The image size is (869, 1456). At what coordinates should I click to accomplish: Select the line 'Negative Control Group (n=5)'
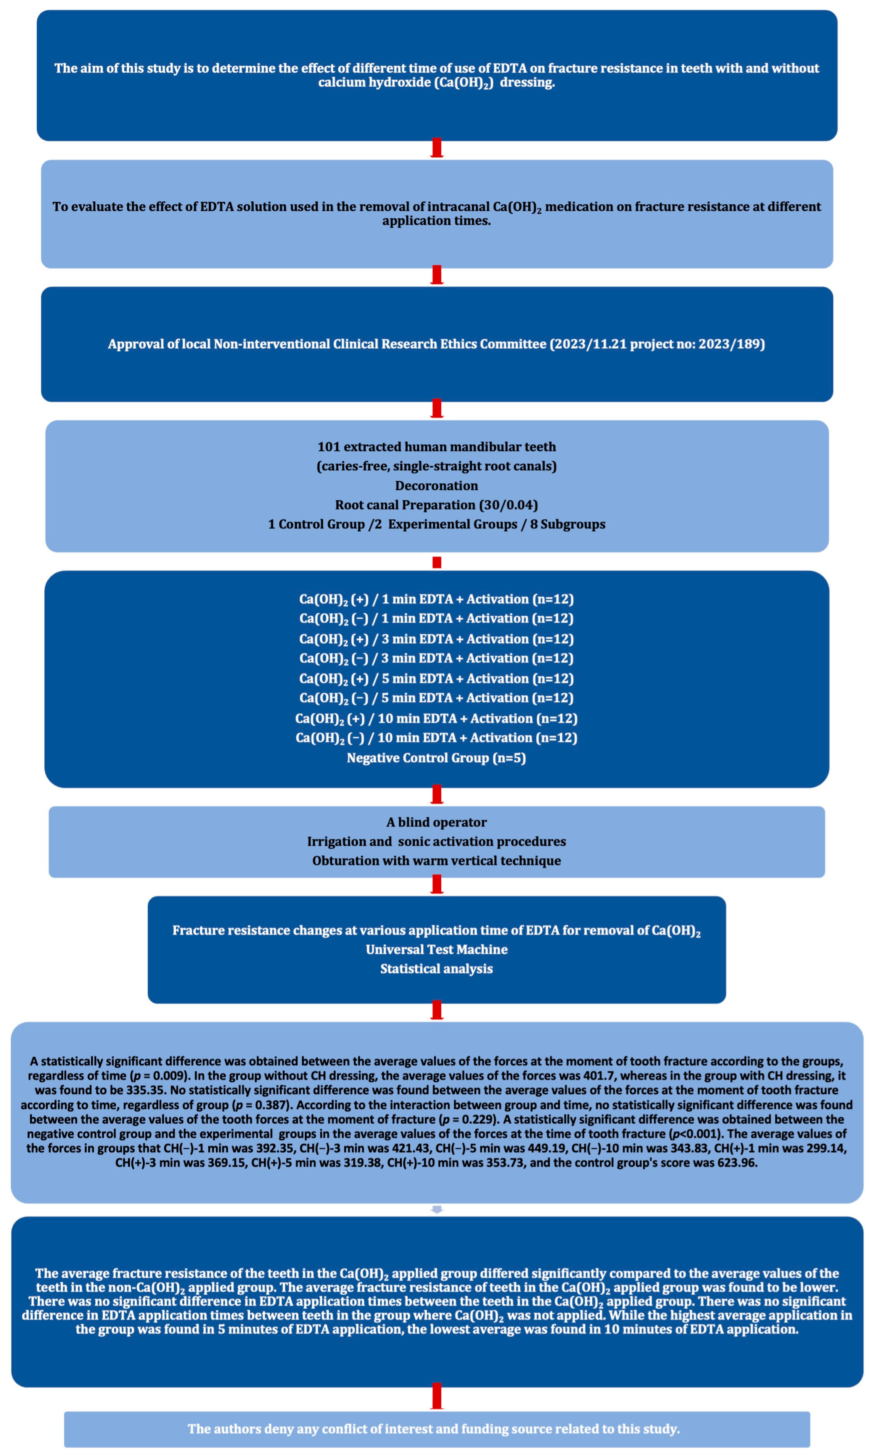tap(436, 758)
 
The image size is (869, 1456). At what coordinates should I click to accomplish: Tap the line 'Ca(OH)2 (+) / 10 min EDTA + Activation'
tap(436, 719)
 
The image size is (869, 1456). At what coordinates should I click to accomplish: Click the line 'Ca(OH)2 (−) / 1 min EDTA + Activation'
tap(436, 619)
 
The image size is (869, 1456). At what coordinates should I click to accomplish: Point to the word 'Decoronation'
tap(436, 486)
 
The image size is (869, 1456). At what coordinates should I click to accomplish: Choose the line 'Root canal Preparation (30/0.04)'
tap(436, 505)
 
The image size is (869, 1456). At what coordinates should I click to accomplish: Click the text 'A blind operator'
tap(436, 822)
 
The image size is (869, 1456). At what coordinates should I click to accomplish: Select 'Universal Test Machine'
tap(436, 949)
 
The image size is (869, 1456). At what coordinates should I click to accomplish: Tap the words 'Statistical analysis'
tap(436, 969)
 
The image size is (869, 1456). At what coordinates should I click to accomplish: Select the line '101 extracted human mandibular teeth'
tap(436, 447)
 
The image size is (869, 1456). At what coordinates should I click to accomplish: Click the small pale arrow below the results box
tap(436, 1209)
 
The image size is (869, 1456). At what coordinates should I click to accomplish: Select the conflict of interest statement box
tap(436, 1429)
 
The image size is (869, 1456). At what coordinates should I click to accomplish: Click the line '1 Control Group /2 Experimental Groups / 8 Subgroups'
tap(436, 524)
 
